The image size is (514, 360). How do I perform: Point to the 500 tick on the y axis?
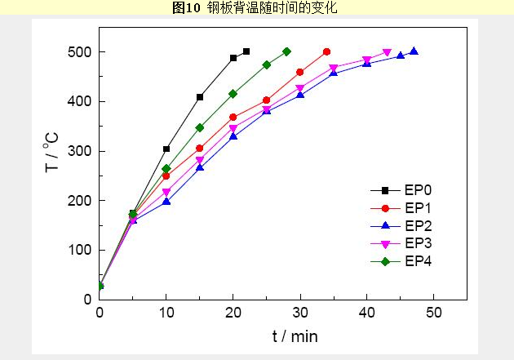click(80, 52)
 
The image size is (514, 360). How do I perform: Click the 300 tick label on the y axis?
click(80, 151)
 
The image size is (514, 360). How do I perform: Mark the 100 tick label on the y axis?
click(80, 250)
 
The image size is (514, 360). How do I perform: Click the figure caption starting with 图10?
click(255, 8)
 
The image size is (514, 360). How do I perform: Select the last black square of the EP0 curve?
click(246, 51)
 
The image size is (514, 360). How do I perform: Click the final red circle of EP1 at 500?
click(326, 51)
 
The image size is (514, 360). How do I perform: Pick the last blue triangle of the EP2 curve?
click(414, 51)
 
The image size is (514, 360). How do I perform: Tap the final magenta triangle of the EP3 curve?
click(387, 53)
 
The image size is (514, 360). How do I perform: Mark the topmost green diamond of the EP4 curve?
click(286, 51)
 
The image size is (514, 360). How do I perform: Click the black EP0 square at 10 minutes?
click(166, 149)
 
